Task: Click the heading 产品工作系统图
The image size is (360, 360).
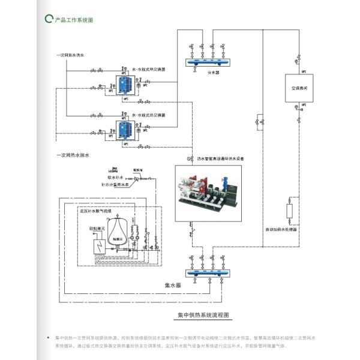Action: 74,20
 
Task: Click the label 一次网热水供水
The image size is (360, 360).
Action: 74,55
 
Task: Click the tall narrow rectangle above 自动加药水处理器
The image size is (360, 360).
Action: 290,211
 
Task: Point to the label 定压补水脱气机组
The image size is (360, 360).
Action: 100,211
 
